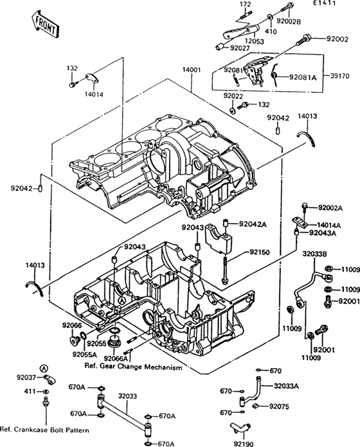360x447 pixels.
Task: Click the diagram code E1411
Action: point(325,3)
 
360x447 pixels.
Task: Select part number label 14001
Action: point(192,69)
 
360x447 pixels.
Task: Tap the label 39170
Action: point(339,76)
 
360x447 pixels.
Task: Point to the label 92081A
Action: point(303,77)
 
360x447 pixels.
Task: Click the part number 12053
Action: point(255,41)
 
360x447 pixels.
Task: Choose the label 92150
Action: point(260,252)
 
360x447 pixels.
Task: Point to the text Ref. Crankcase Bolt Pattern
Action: point(44,430)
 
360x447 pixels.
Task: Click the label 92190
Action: point(244,444)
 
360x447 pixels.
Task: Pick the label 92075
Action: point(279,407)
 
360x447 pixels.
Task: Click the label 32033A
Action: point(286,386)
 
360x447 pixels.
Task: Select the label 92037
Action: point(26,378)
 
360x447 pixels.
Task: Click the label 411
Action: point(30,391)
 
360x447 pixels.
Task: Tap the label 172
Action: point(246,4)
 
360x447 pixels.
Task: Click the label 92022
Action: point(233,96)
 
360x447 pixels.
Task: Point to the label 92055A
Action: point(84,355)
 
